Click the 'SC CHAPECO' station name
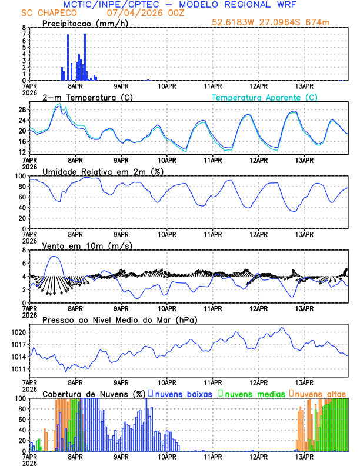point(42,12)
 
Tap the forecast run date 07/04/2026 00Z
point(141,12)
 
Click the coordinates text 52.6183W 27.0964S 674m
point(279,23)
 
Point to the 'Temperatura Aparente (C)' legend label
point(264,97)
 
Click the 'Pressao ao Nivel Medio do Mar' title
point(119,319)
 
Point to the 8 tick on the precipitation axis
point(24,28)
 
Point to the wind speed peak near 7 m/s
point(54,257)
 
